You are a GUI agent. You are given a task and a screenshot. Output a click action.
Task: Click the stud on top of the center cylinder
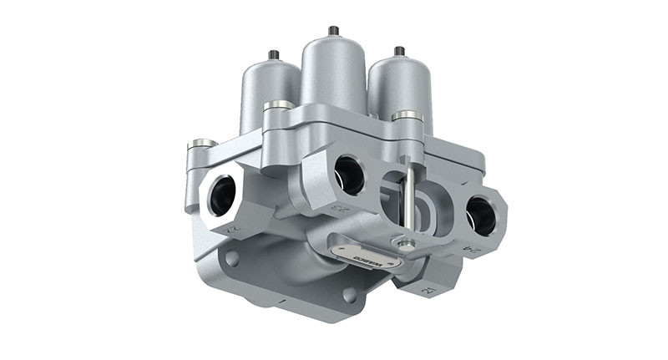pos(333,30)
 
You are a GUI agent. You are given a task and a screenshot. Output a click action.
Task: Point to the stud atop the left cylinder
pos(273,55)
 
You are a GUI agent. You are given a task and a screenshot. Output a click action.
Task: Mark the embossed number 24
pos(473,248)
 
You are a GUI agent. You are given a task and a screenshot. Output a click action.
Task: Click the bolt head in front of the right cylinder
pos(407,115)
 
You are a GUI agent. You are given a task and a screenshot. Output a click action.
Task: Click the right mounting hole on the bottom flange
pos(348,295)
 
